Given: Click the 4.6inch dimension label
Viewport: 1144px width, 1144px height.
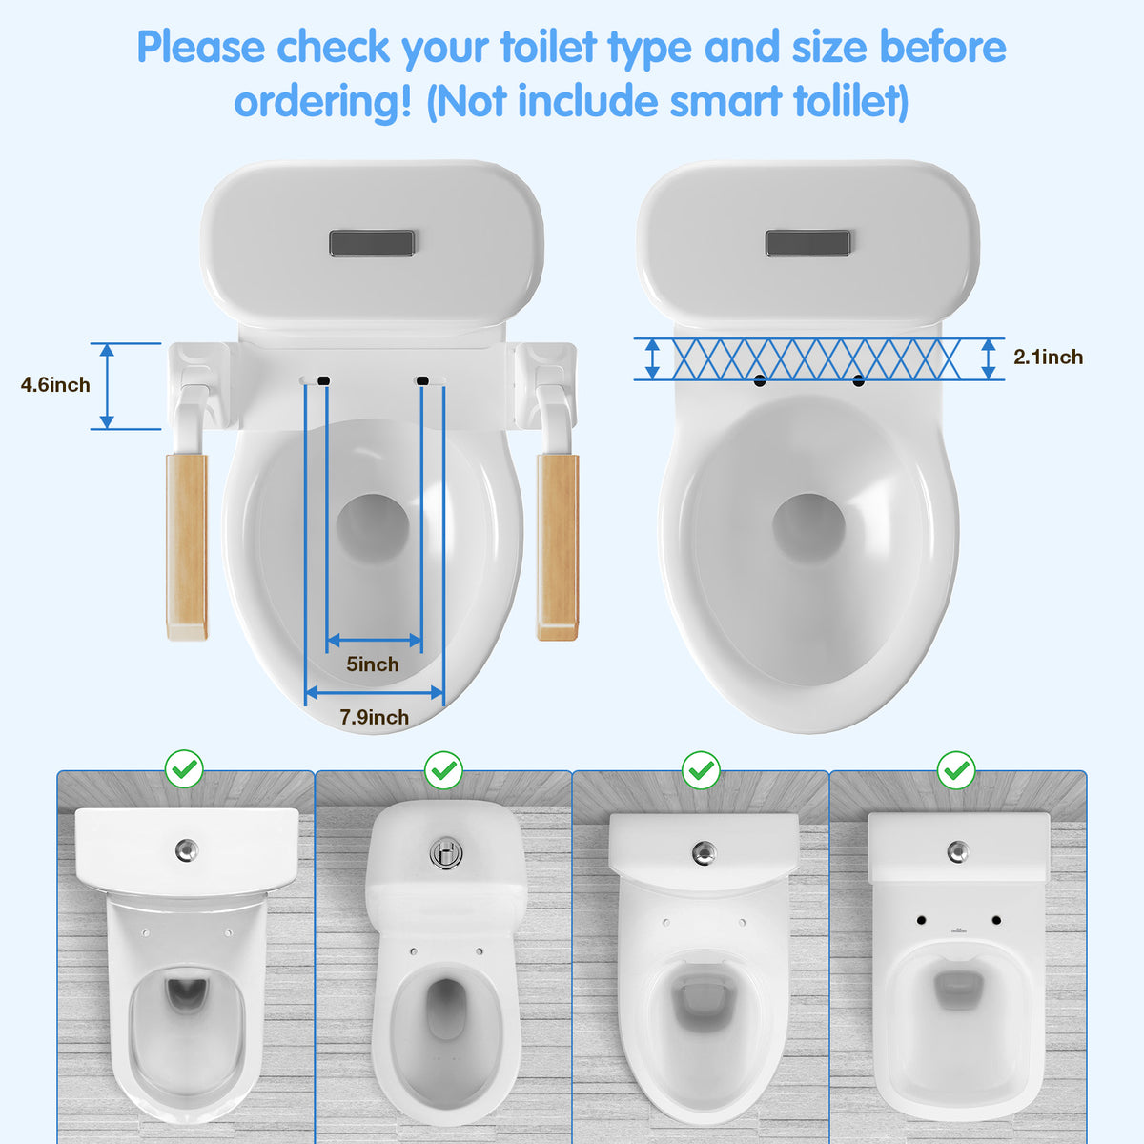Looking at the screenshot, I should point(55,385).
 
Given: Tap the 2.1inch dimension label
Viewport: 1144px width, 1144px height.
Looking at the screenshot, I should point(1048,357).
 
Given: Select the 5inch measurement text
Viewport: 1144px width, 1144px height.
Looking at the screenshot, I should point(373,664).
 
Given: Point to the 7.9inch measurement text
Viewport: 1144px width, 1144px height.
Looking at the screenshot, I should point(375,717).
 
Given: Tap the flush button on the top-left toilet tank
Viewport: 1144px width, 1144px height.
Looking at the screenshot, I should point(372,243).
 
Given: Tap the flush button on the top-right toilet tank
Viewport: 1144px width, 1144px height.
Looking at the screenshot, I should point(807,243).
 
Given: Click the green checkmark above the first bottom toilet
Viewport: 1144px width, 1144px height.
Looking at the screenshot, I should point(184,768).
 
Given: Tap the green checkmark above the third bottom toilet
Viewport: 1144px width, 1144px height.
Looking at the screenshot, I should point(702,768).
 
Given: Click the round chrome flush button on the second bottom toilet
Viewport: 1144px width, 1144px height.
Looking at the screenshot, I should point(443,851).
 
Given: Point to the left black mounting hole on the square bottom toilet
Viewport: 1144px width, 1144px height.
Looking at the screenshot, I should point(922,920).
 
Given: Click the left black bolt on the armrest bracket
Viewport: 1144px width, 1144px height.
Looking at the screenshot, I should point(324,380).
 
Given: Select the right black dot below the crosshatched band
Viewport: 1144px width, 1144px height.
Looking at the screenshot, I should point(859,381).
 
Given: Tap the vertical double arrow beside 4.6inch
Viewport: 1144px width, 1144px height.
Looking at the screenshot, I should point(108,386).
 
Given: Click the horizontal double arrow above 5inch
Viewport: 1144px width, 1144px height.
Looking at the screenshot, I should point(374,641).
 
